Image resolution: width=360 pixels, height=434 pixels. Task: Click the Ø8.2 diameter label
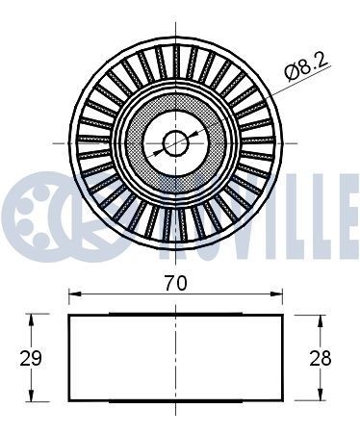(307, 68)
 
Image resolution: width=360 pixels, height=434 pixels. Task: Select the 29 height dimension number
(31, 358)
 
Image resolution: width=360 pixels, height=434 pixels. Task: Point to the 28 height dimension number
(321, 358)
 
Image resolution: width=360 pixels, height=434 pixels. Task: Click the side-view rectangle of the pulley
(175, 358)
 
